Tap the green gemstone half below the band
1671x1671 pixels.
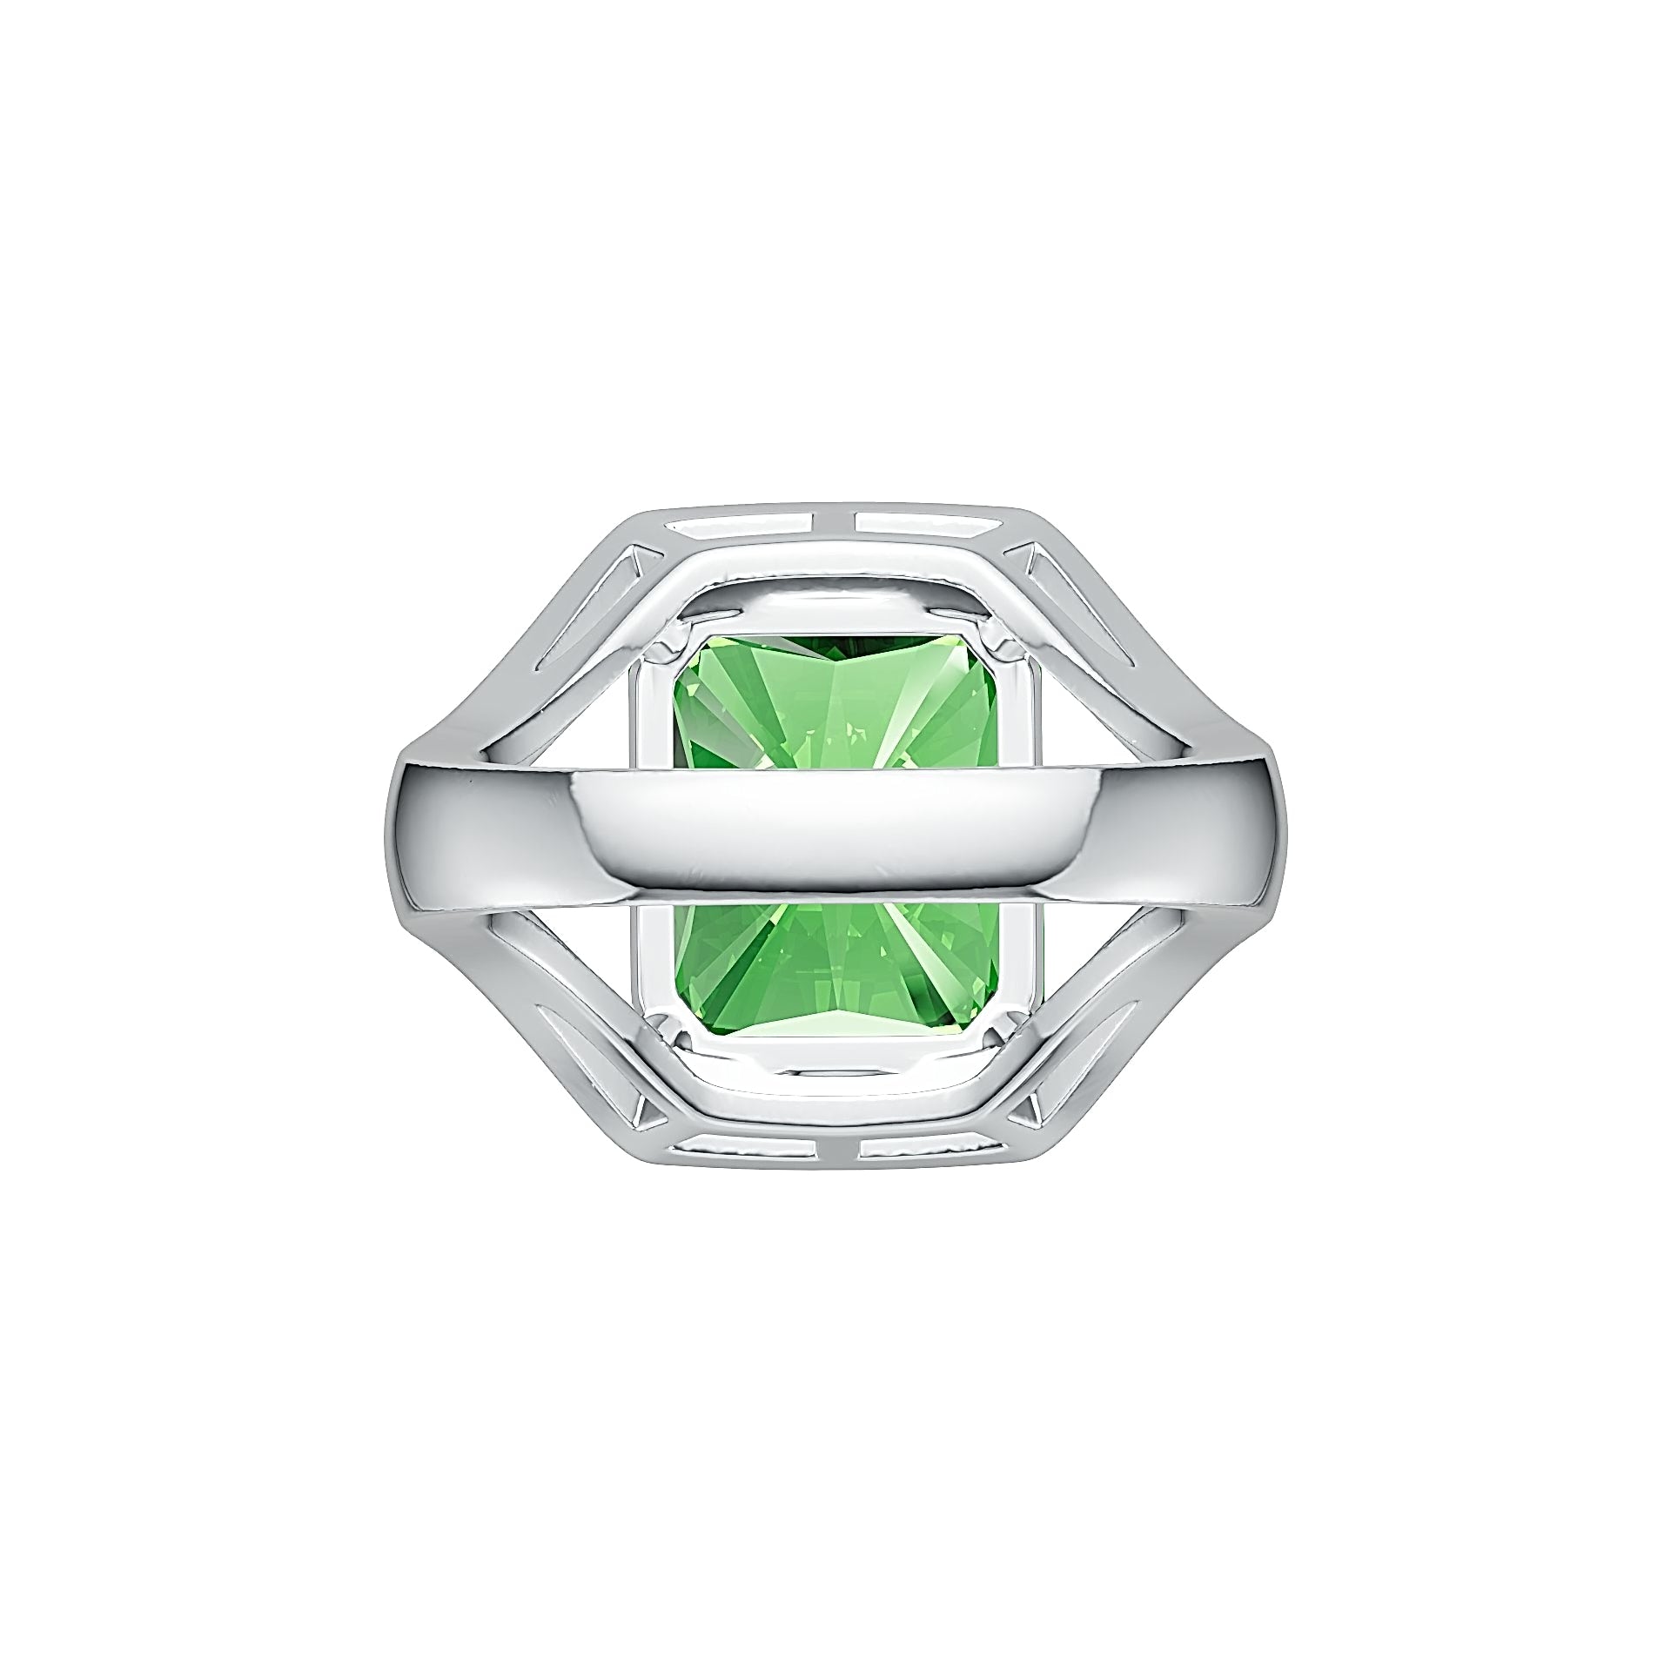[835, 966]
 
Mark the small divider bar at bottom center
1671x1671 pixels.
[835, 1149]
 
